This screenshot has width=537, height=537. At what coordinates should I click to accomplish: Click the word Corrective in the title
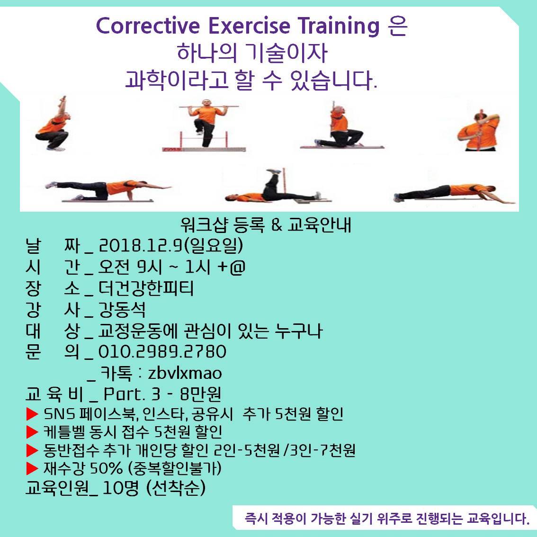click(x=148, y=26)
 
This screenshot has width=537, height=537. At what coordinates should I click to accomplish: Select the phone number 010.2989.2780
click(x=162, y=352)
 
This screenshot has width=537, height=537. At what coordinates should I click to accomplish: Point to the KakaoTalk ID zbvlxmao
click(x=185, y=373)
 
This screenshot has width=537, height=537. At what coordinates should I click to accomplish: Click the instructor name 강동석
click(x=122, y=310)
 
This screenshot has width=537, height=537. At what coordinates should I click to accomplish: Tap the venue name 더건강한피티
click(x=146, y=288)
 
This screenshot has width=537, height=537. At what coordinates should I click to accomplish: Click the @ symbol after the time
click(x=238, y=267)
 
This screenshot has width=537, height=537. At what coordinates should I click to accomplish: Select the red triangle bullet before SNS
click(x=32, y=414)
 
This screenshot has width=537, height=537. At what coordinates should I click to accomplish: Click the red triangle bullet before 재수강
click(x=32, y=468)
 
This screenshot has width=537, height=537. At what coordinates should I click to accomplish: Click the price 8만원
click(x=200, y=394)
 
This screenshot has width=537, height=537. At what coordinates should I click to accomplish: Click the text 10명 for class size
click(x=121, y=488)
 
